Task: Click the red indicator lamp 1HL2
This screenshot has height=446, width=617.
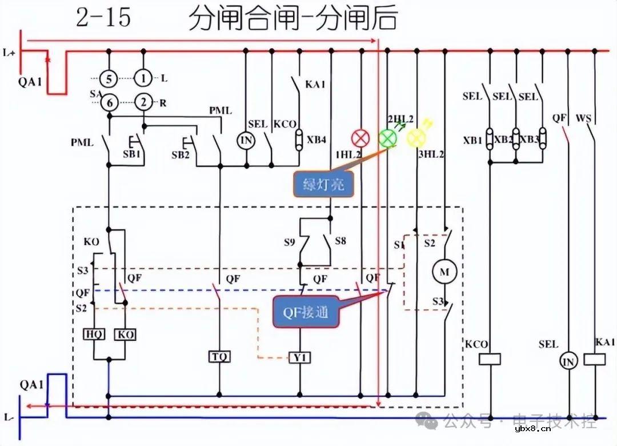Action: click(360, 138)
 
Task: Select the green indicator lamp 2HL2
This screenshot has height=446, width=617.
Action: click(387, 137)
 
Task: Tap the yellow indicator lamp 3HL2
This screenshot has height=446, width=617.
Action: click(416, 138)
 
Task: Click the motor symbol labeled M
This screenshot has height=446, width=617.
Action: click(444, 272)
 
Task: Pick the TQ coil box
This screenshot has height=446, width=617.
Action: click(219, 357)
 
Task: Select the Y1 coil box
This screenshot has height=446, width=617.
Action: click(300, 357)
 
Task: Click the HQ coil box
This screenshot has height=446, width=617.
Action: click(94, 334)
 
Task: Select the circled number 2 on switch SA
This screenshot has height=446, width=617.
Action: click(143, 103)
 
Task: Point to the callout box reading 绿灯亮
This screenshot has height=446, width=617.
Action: click(323, 185)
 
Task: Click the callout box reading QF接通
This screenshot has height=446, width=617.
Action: click(305, 312)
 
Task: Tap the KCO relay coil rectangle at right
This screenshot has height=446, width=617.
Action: click(489, 359)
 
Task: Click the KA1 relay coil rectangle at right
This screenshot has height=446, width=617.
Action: click(596, 359)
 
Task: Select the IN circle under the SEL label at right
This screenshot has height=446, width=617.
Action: click(568, 361)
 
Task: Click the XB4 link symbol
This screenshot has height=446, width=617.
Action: click(298, 139)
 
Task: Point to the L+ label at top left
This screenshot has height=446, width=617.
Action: click(10, 53)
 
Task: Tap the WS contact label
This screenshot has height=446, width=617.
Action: click(583, 119)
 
